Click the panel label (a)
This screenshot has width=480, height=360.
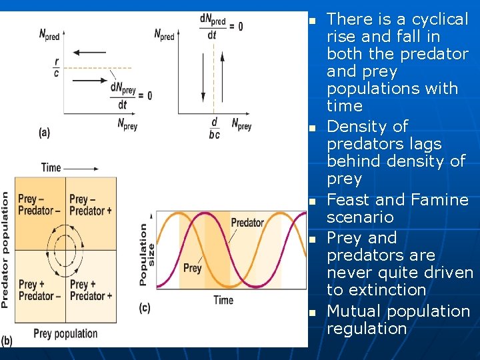click(x=44, y=133)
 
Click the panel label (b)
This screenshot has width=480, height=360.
click(x=7, y=341)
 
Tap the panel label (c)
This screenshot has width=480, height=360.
click(x=145, y=307)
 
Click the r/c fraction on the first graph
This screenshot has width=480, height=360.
click(x=56, y=67)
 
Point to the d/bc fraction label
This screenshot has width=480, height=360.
click(x=213, y=129)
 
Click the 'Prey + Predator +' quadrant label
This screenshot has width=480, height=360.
click(x=91, y=290)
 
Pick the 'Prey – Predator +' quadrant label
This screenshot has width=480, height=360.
click(x=91, y=205)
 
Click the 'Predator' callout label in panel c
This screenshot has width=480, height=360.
click(x=247, y=223)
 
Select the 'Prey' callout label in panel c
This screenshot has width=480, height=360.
click(x=192, y=268)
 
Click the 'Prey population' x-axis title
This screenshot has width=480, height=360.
click(x=65, y=333)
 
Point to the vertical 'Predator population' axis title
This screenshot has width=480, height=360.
click(x=6, y=250)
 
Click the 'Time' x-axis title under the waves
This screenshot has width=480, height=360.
click(x=223, y=300)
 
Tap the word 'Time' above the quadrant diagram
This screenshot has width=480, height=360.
click(x=51, y=167)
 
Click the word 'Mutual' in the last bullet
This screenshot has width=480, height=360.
click(x=351, y=311)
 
